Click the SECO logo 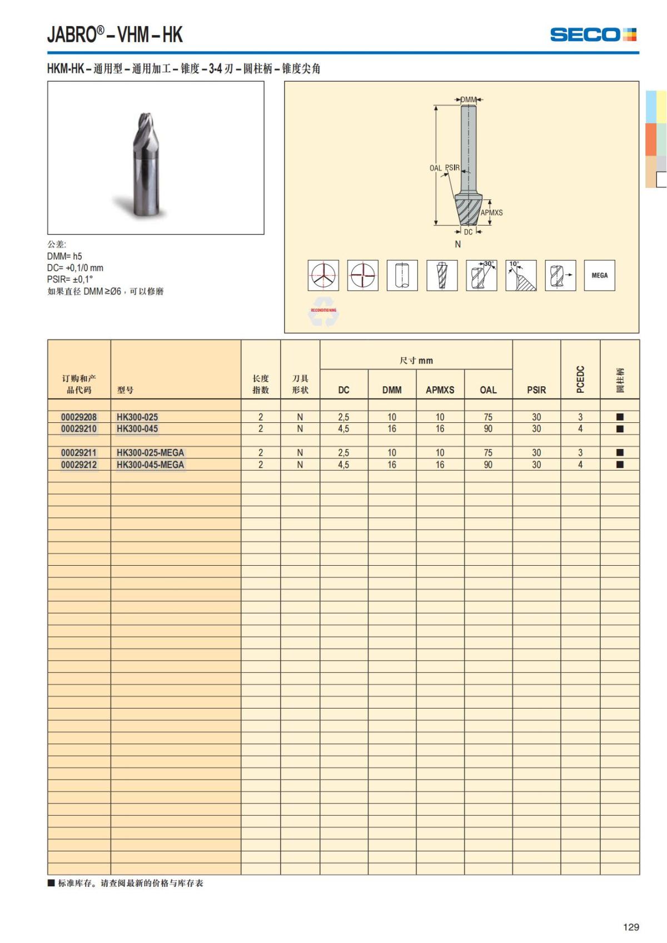(x=593, y=34)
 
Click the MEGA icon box (x=599, y=275)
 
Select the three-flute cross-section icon (x=323, y=275)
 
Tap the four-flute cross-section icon (x=362, y=275)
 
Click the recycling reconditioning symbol (x=323, y=312)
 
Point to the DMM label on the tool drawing (x=468, y=100)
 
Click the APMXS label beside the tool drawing (x=491, y=213)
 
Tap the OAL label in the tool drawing (x=435, y=168)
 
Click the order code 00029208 (x=79, y=417)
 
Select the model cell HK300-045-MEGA (x=150, y=465)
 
